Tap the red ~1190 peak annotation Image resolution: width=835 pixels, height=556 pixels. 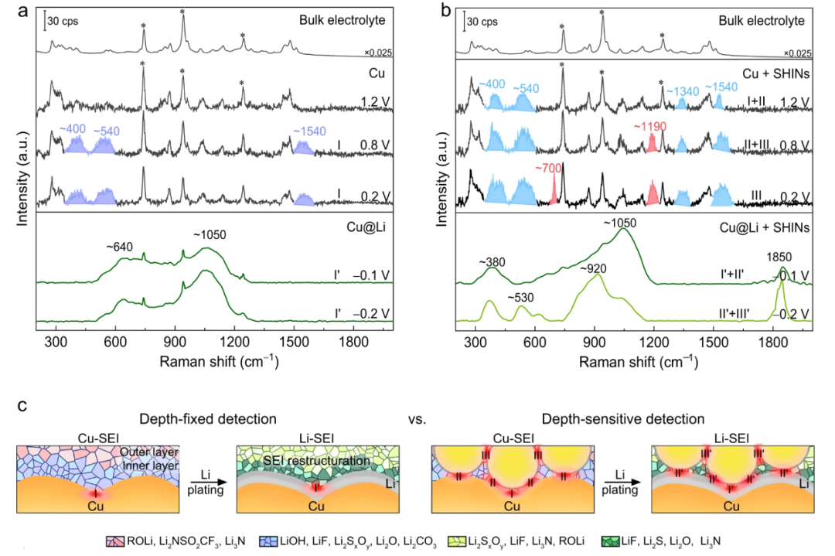(653, 125)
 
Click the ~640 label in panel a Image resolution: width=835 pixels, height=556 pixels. (122, 247)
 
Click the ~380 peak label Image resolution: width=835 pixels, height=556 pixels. (492, 261)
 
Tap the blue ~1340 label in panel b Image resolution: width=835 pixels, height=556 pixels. (681, 90)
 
